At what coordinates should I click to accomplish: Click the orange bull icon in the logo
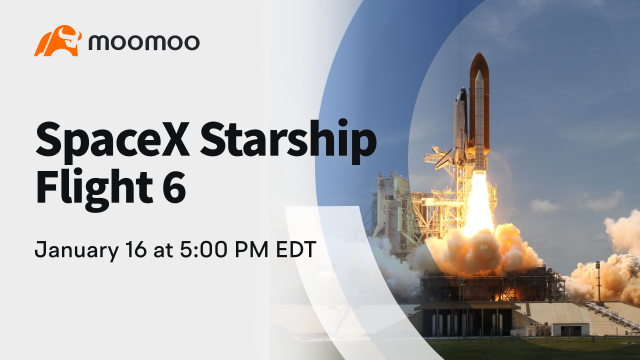(57, 41)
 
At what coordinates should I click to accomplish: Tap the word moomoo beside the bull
(144, 42)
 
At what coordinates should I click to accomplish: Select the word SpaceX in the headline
(113, 140)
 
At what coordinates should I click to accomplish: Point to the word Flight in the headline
(95, 188)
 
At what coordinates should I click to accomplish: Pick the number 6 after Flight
(174, 187)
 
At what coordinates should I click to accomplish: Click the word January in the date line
(77, 250)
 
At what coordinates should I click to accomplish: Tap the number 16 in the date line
(136, 249)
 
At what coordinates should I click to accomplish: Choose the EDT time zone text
(296, 249)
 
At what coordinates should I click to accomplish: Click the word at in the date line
(163, 250)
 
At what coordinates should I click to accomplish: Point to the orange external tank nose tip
(479, 53)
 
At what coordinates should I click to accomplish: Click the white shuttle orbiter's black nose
(462, 91)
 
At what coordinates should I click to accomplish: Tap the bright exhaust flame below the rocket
(478, 204)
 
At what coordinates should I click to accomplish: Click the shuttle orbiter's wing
(444, 160)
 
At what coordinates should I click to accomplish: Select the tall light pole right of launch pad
(598, 283)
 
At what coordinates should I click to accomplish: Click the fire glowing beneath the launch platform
(506, 293)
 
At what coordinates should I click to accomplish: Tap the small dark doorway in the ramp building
(571, 331)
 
